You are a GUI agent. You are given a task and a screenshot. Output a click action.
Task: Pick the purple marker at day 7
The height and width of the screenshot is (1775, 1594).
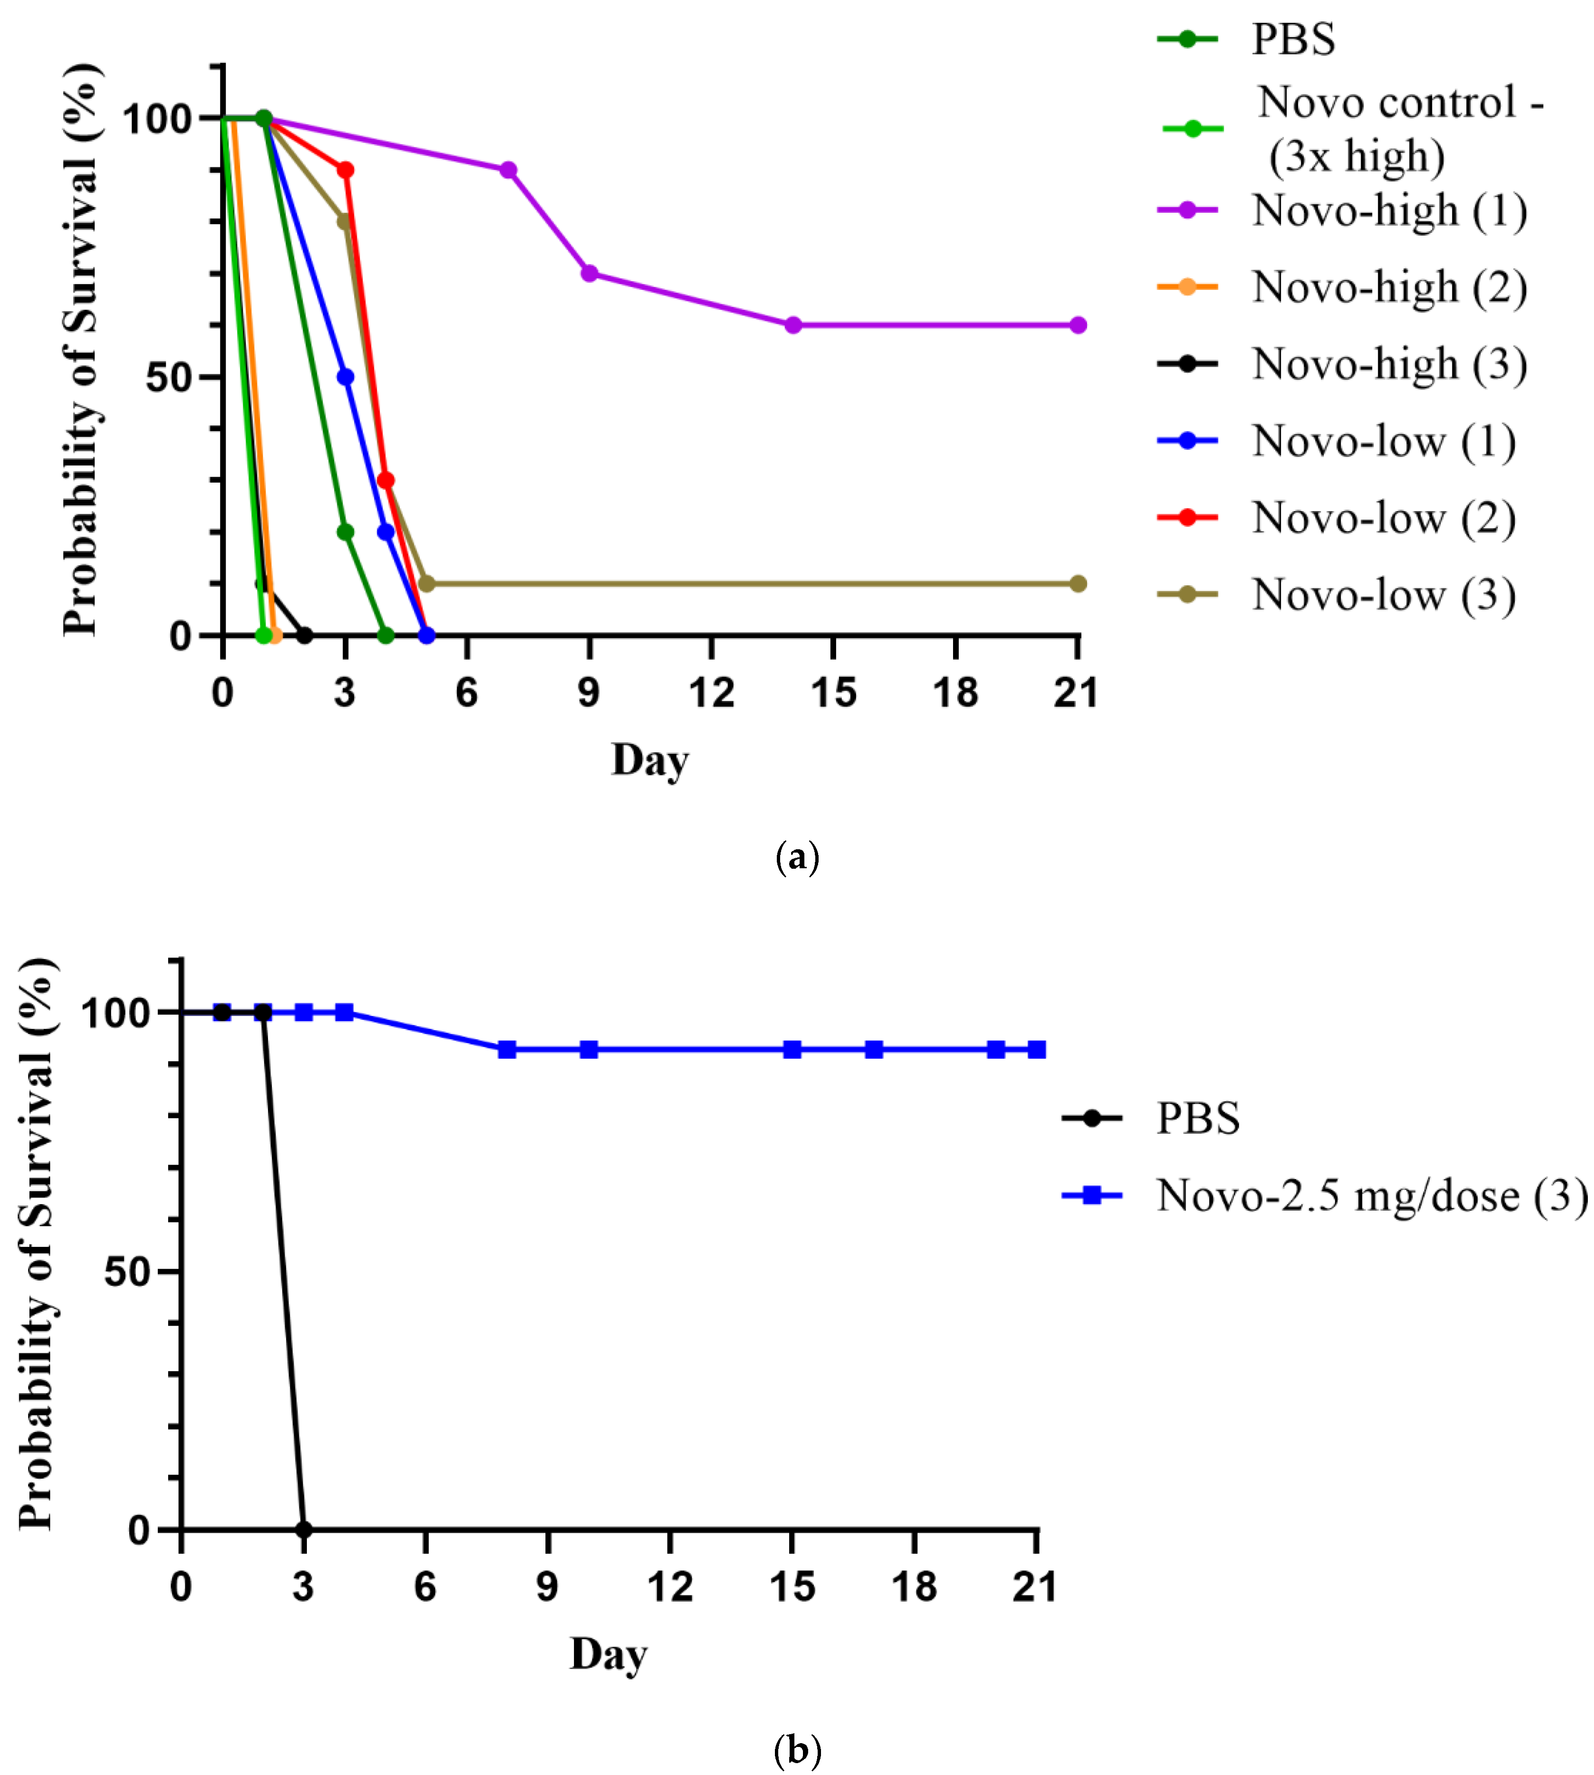[508, 170]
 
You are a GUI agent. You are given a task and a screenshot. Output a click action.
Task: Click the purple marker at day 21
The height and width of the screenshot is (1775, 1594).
[1078, 325]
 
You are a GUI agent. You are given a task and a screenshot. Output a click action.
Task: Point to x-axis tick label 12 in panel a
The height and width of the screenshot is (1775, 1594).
[711, 693]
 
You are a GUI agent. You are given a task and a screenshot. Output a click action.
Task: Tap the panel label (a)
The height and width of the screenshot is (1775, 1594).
[797, 857]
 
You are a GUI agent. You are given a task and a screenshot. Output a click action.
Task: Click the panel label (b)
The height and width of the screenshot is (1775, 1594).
[797, 1750]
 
